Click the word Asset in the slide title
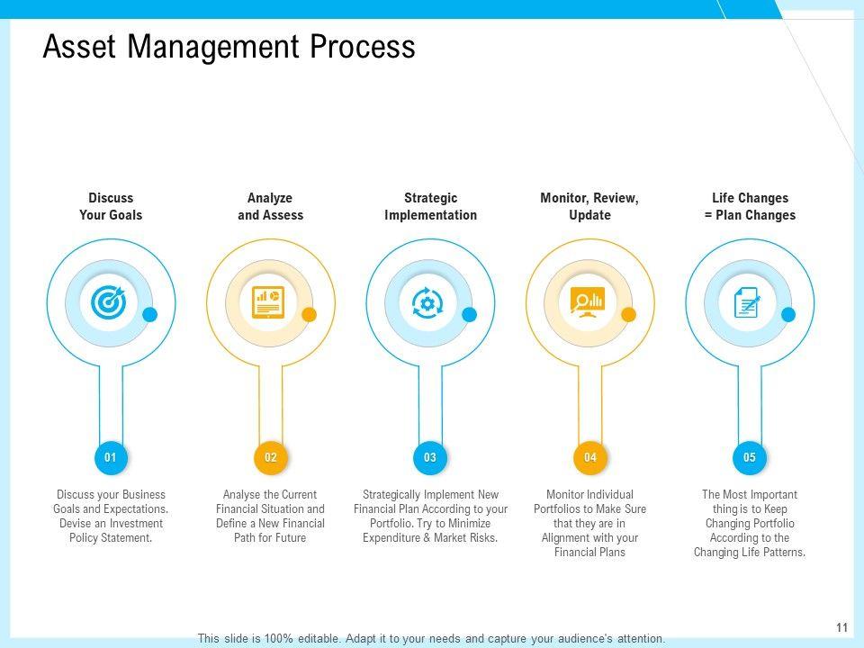80,46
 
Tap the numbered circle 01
111,457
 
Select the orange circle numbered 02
271,457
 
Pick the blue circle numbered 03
430,457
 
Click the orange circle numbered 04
589,457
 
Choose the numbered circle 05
750,457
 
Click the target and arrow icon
109,302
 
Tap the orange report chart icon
268,302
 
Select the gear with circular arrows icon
427,302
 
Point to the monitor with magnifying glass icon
588,302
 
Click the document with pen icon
747,302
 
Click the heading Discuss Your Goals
111,207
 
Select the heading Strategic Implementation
430,207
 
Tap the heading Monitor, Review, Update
589,207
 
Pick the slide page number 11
841,627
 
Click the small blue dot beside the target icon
150,315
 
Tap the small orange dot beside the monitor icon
629,315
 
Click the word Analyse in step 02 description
241,494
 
